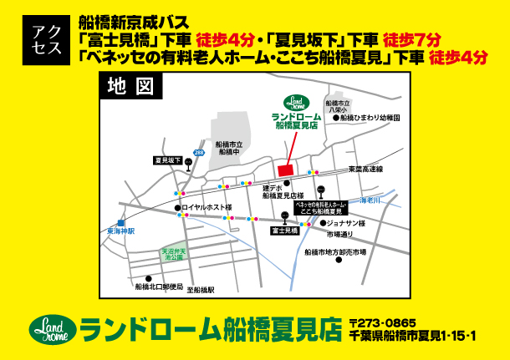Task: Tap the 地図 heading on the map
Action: pos(128,84)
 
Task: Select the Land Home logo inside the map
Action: pos(295,101)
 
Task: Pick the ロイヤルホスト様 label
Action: pos(207,207)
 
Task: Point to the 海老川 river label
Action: pos(370,200)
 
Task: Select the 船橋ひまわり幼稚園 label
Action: pos(368,119)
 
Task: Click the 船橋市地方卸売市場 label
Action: pos(335,251)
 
